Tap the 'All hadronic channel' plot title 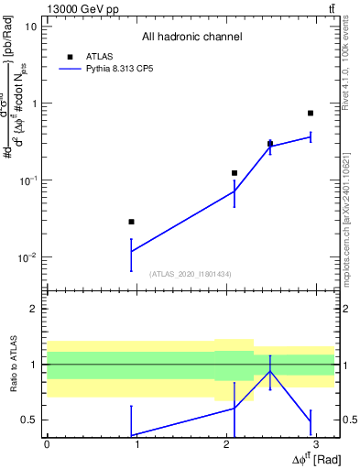coord(191,38)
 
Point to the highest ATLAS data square coord(311,113)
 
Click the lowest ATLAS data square coord(132,222)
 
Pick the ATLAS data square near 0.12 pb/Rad coord(235,173)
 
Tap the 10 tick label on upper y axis coord(31,27)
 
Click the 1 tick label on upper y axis coord(34,104)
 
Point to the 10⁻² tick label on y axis coord(29,257)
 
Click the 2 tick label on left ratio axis coord(34,309)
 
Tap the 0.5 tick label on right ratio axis coord(350,420)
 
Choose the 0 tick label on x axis coord(47,444)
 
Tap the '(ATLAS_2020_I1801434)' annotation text coord(191,274)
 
